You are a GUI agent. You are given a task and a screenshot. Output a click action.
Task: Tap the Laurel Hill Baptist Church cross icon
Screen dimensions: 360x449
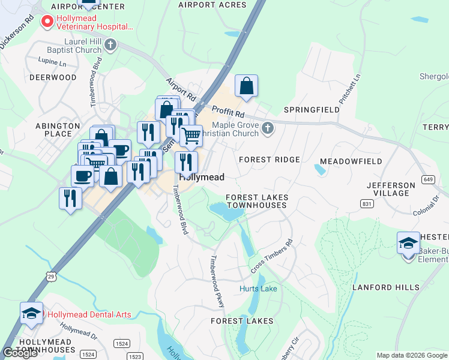[x=110, y=44]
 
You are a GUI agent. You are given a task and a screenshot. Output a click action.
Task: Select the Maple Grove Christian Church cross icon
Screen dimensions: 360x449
[x=268, y=127]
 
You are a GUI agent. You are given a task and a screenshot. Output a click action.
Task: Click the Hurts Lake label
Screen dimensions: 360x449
[x=258, y=289]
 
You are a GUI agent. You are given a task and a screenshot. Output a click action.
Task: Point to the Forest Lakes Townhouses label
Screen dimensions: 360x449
[x=257, y=201]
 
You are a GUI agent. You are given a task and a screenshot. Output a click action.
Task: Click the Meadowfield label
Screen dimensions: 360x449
[x=351, y=161]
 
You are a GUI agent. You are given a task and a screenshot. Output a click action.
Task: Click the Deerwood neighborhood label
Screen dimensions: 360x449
[x=53, y=77]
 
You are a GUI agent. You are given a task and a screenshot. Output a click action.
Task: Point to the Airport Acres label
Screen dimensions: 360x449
[x=212, y=5]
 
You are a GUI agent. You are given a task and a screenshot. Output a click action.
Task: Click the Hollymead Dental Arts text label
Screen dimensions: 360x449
[x=89, y=314]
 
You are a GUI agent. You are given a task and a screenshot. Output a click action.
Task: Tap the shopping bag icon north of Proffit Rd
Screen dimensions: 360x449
[x=247, y=86]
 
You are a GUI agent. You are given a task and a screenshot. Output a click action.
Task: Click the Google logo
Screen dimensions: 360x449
[x=20, y=353]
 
